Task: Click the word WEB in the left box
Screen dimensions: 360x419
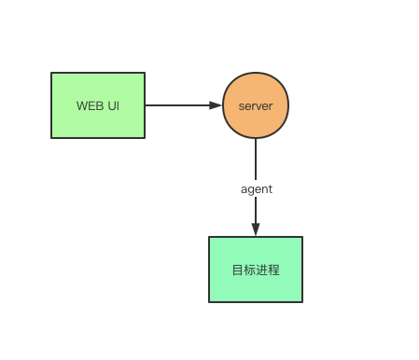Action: tap(90, 105)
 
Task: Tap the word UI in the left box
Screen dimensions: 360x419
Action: tap(114, 105)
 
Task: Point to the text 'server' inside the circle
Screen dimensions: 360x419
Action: tap(256, 105)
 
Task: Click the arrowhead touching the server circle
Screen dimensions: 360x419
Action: tap(216, 105)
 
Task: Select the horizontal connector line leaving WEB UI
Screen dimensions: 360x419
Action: tap(177, 105)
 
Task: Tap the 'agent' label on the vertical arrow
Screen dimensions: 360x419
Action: tap(256, 188)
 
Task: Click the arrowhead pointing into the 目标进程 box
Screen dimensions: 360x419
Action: tap(256, 229)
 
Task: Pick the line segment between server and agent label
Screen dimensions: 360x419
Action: tap(256, 159)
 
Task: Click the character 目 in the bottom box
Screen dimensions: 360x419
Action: tap(238, 270)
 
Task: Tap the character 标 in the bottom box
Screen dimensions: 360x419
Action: tap(250, 270)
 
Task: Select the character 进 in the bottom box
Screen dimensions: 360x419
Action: tap(262, 270)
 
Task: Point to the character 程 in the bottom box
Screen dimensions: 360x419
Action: tap(274, 270)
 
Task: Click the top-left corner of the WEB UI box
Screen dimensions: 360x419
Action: tap(51, 73)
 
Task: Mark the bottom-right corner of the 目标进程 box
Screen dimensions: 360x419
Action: tap(302, 302)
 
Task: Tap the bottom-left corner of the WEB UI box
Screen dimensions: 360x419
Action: tap(51, 138)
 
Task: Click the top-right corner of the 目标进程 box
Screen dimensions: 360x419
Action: tap(302, 237)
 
